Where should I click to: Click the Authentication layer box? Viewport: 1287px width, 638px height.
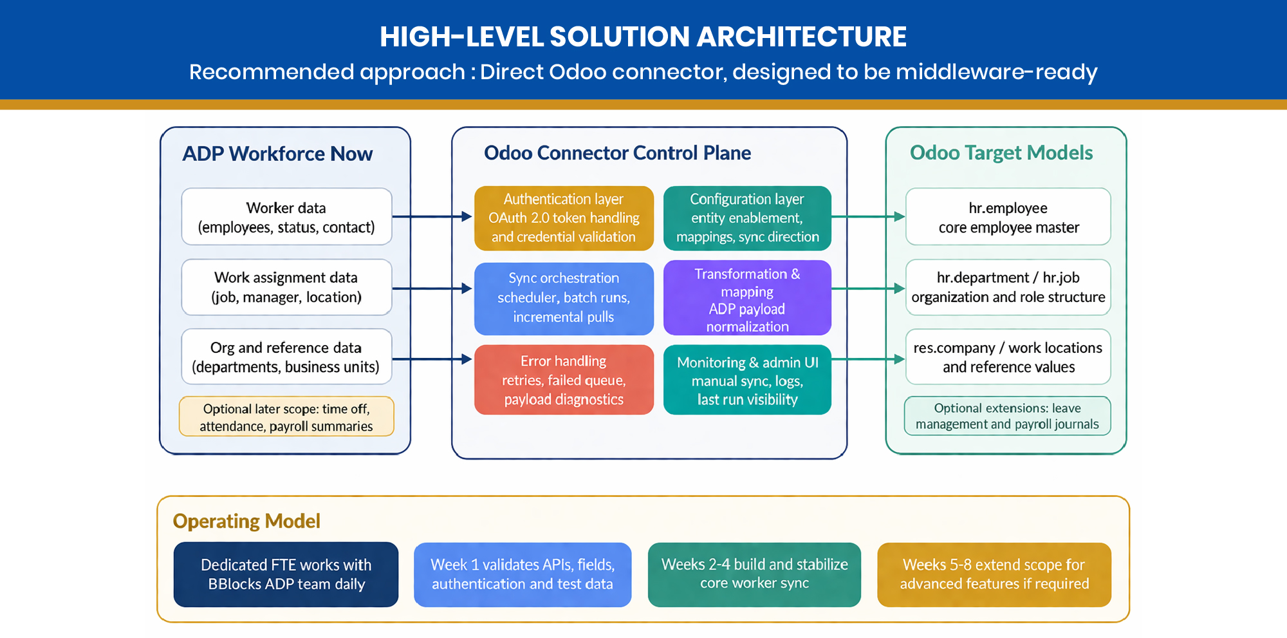click(x=564, y=218)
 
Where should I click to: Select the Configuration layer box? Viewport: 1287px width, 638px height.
click(x=747, y=218)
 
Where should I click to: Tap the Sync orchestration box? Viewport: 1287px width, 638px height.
click(x=564, y=298)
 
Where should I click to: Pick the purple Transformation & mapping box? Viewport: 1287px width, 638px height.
click(x=747, y=298)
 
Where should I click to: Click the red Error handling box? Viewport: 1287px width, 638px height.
click(x=564, y=380)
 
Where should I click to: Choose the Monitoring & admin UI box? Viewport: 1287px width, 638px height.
click(x=747, y=380)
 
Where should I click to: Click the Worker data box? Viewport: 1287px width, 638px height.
click(x=286, y=217)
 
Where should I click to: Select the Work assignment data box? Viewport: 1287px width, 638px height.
click(x=286, y=287)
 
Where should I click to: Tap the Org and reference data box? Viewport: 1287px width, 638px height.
click(x=286, y=357)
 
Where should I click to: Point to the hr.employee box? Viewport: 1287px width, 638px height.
click(x=1008, y=217)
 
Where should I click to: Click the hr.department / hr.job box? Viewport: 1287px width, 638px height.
click(x=1008, y=287)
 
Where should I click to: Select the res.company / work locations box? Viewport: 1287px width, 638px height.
click(x=1008, y=357)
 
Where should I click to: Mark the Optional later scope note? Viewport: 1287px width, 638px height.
click(x=286, y=417)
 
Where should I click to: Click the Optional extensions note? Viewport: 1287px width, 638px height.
click(x=1007, y=416)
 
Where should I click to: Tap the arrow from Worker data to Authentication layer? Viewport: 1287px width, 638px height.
click(x=432, y=217)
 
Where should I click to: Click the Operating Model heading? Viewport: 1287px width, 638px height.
click(x=246, y=521)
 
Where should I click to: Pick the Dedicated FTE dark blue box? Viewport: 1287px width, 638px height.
click(x=286, y=574)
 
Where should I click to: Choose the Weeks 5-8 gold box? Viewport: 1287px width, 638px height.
click(x=994, y=574)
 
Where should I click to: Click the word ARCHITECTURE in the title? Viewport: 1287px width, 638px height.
click(x=801, y=37)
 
